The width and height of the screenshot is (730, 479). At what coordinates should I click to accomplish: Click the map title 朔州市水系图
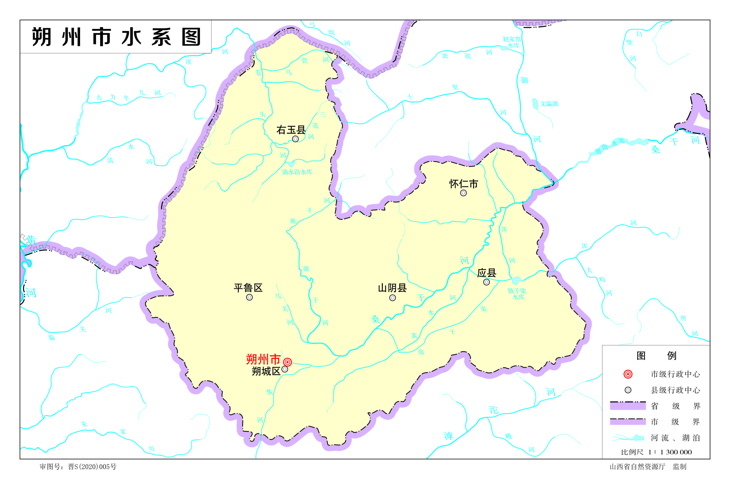click(116, 37)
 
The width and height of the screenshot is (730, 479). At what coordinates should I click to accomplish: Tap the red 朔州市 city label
click(263, 359)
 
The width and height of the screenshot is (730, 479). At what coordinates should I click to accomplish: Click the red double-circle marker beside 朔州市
click(287, 362)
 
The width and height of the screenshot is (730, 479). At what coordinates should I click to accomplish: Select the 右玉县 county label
click(291, 130)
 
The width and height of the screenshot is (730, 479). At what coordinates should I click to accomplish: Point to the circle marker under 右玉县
click(295, 139)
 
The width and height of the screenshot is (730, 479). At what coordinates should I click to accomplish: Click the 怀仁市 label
click(463, 184)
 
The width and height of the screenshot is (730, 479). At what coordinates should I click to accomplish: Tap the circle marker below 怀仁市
click(463, 193)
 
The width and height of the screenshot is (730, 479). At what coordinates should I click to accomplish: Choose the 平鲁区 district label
click(248, 288)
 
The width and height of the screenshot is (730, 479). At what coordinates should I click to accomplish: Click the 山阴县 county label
click(392, 288)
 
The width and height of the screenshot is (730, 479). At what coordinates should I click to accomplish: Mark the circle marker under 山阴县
click(392, 298)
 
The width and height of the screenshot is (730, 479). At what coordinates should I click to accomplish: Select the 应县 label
click(487, 273)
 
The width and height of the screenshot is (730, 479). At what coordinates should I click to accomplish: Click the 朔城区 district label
click(266, 371)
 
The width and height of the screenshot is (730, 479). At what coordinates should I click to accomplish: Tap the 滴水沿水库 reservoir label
click(297, 172)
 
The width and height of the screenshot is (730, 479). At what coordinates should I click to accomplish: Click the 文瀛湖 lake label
click(549, 104)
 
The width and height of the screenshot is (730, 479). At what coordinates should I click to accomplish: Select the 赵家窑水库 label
click(512, 42)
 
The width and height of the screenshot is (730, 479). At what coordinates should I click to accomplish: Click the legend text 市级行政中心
click(676, 374)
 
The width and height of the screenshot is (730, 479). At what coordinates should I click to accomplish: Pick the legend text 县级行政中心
click(676, 390)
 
